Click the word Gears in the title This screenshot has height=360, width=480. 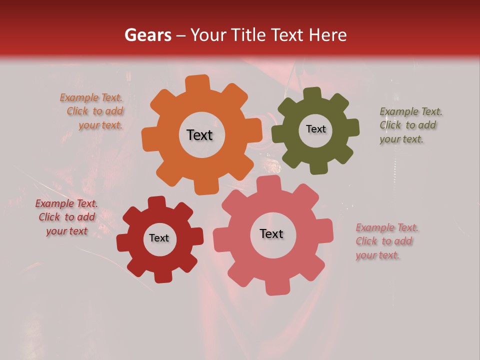pyautogui.click(x=147, y=35)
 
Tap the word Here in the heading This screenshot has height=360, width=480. pyautogui.click(x=328, y=35)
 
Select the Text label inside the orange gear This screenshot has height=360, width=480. pyautogui.click(x=199, y=135)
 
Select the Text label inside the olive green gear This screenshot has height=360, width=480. pyautogui.click(x=315, y=129)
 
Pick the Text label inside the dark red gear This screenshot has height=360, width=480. pyautogui.click(x=159, y=238)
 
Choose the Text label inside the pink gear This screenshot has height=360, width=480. pyautogui.click(x=271, y=234)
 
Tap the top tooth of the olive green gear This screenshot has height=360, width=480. pyautogui.click(x=313, y=93)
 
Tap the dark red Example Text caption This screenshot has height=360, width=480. pyautogui.click(x=66, y=217)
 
